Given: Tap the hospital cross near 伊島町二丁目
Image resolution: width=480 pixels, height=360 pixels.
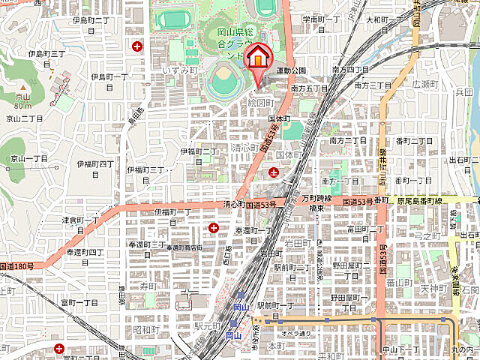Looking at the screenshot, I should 137,46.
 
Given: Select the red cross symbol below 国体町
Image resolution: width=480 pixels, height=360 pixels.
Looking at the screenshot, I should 273,173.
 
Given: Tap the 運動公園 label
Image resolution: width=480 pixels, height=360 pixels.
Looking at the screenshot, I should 292,70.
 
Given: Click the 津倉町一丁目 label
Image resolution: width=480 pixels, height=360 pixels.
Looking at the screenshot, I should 79,219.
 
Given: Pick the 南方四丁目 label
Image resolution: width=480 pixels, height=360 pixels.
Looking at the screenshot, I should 350,70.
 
